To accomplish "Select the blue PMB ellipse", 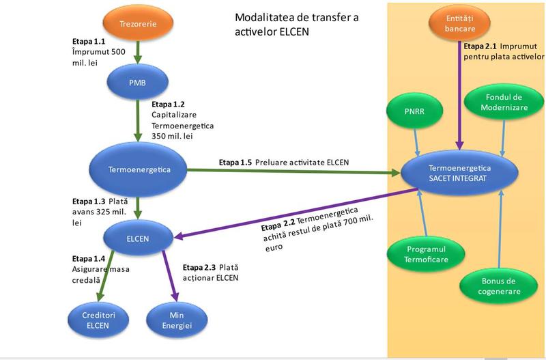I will (x=137, y=82).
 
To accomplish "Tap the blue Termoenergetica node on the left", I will (x=139, y=169).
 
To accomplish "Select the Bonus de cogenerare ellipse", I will (x=500, y=286).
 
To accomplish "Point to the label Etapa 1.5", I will (x=235, y=163).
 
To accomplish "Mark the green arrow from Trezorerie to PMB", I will (x=137, y=52).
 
